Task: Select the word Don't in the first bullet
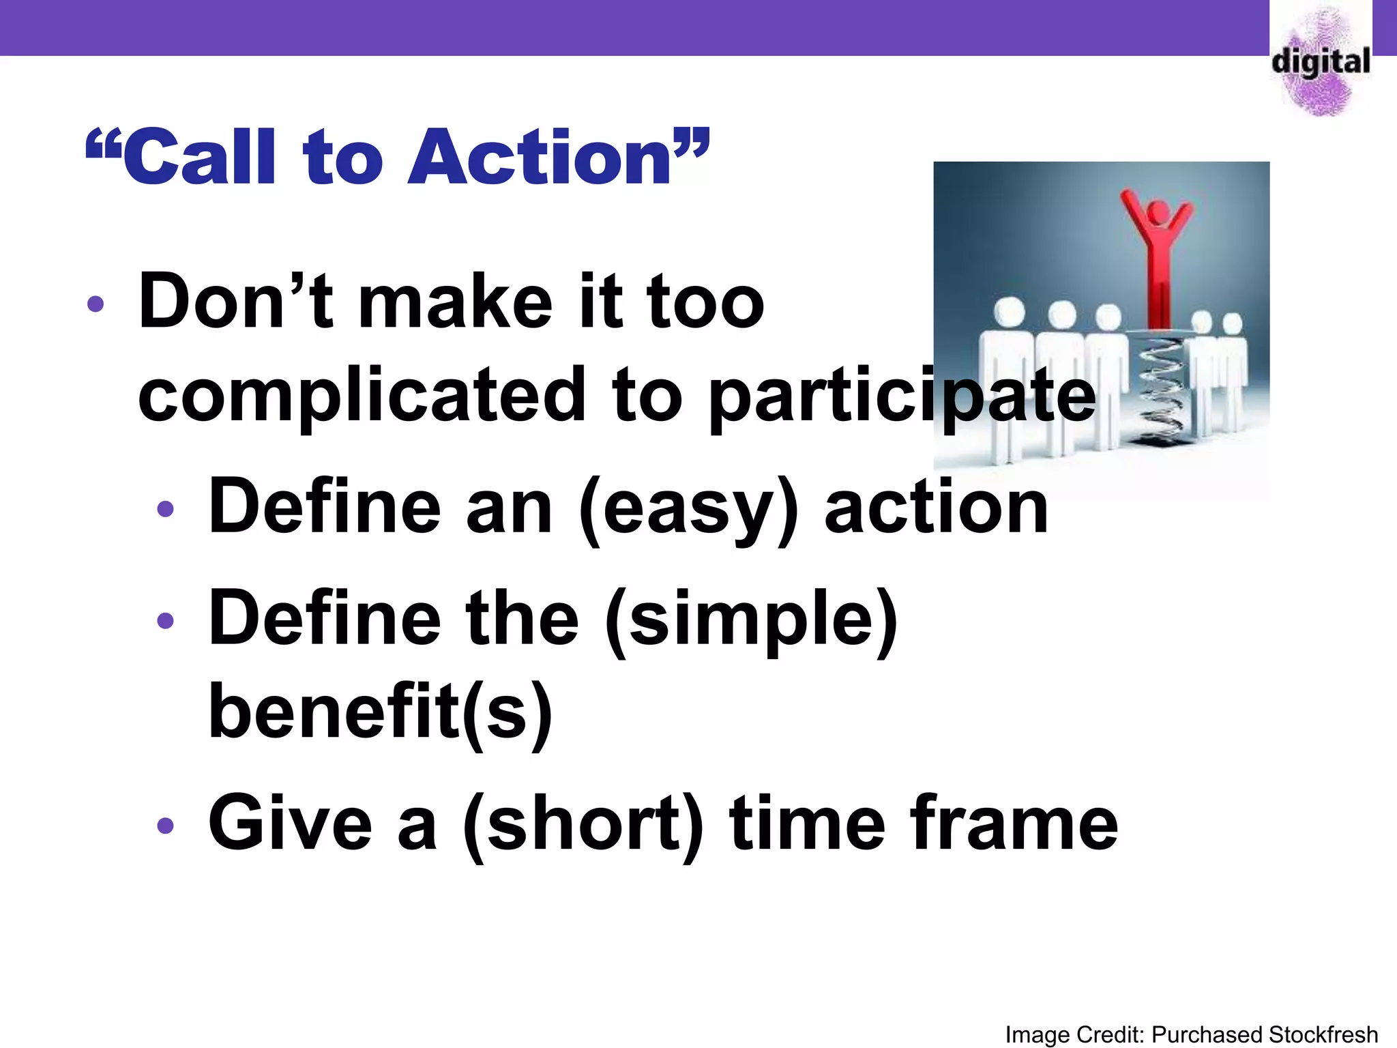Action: (x=235, y=302)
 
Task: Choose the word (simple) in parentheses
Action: (x=750, y=620)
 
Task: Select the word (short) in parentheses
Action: (x=583, y=824)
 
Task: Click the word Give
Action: (x=290, y=824)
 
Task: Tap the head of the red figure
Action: (x=1158, y=212)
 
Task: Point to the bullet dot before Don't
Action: (x=95, y=304)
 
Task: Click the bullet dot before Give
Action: (x=165, y=826)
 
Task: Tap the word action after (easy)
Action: (x=936, y=508)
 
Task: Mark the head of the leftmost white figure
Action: (x=1009, y=311)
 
